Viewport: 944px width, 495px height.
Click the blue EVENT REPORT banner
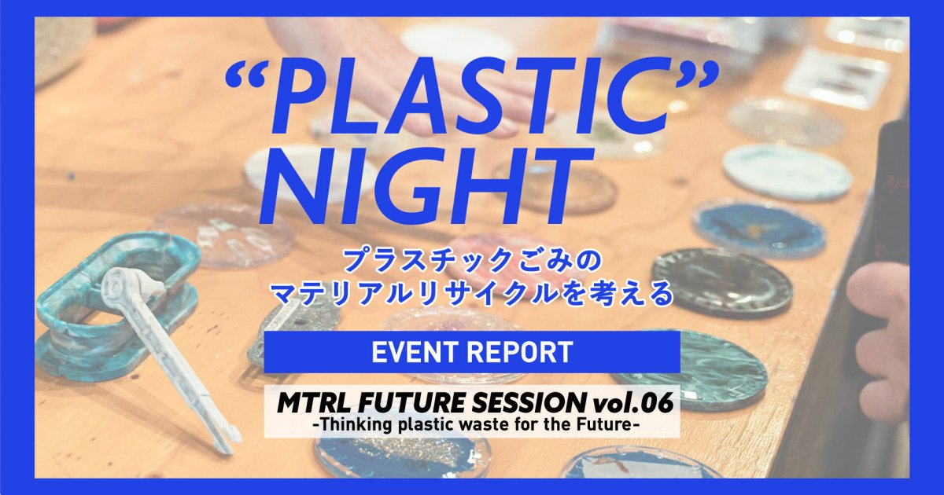pos(471,352)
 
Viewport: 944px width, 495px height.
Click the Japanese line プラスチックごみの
pos(472,259)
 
